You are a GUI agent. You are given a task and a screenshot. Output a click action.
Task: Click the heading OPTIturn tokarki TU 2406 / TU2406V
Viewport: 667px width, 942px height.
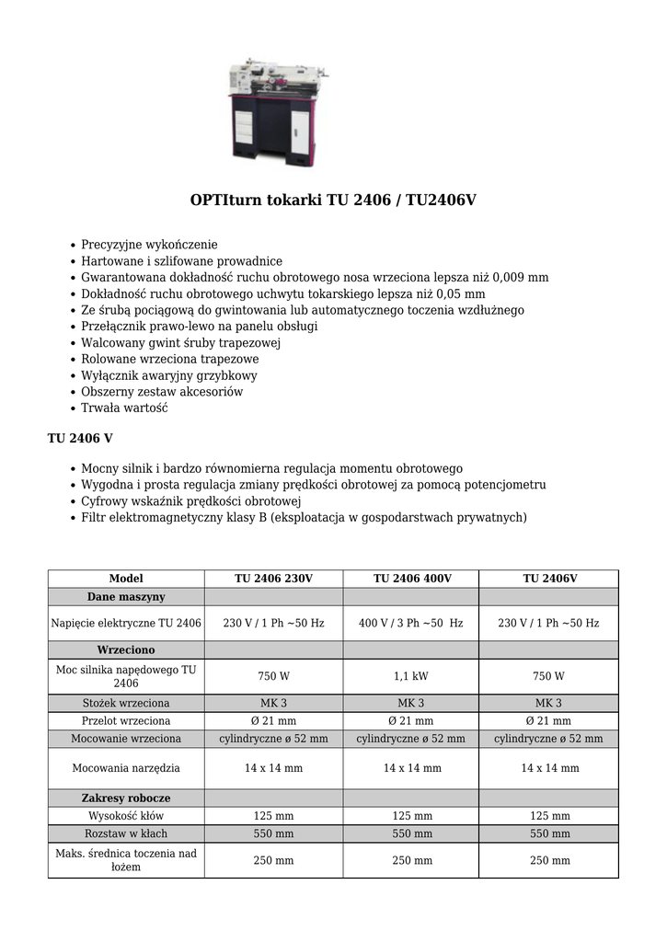pos(333,200)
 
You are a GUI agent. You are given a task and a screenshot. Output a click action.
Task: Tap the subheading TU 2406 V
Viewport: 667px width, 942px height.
pos(80,438)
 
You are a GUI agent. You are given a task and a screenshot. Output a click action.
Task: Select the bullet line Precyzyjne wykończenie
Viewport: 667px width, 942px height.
pos(149,245)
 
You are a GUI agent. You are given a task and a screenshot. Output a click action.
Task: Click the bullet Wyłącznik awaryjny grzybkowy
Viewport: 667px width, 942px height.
pos(169,375)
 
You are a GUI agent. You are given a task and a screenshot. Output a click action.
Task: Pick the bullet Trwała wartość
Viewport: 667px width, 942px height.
pos(124,408)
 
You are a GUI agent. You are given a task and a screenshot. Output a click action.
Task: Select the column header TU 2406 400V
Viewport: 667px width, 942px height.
pos(412,579)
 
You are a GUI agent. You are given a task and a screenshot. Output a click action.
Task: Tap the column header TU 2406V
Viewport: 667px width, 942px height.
pos(549,579)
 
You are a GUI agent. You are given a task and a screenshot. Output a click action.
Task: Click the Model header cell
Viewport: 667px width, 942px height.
pos(126,579)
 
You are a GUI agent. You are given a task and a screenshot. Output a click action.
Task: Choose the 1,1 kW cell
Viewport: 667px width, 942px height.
pos(411,676)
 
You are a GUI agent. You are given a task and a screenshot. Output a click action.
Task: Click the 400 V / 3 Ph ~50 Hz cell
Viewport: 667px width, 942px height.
pos(411,623)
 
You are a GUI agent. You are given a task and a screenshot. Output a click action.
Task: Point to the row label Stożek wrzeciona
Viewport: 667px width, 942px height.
pos(126,704)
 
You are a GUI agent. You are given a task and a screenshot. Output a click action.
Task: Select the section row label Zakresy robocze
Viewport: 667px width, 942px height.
pos(126,798)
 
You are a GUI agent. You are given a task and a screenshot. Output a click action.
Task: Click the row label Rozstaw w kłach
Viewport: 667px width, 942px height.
pos(126,833)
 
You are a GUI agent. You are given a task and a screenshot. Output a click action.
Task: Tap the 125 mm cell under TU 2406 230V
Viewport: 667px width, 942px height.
pos(273,816)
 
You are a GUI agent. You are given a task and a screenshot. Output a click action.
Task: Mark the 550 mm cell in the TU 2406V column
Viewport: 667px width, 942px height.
pos(549,833)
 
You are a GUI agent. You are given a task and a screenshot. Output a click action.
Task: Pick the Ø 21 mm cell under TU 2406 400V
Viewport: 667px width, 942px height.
pos(411,721)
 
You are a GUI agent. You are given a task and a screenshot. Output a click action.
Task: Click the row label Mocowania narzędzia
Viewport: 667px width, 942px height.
pos(126,767)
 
